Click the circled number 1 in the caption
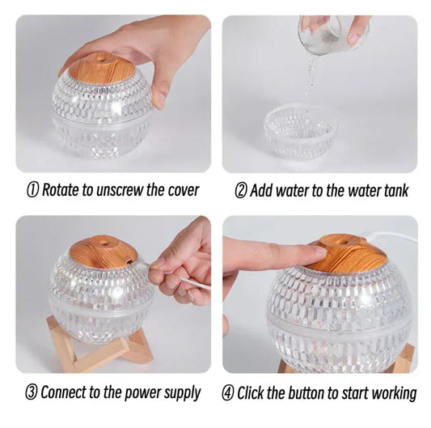click(33, 191)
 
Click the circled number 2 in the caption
click(240, 191)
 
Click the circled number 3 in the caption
click(32, 393)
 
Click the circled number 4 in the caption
click(228, 394)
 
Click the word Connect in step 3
click(68, 393)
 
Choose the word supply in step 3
click(180, 394)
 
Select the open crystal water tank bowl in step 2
click(300, 129)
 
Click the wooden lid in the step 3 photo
click(100, 252)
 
